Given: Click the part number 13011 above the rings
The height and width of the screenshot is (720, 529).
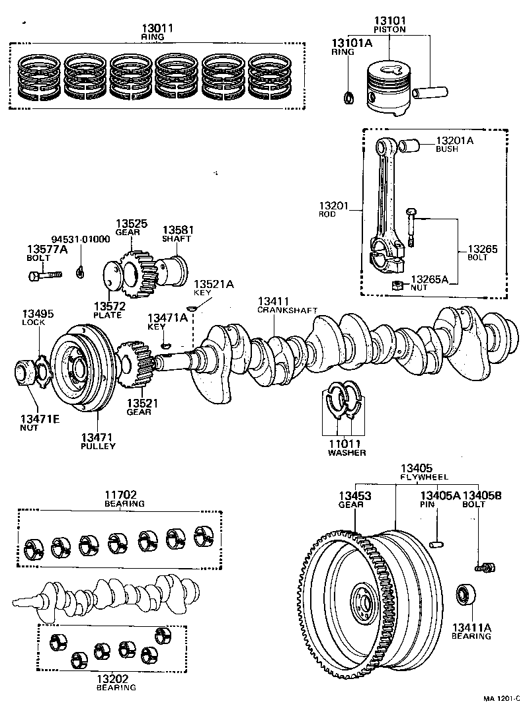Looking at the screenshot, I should [x=157, y=28].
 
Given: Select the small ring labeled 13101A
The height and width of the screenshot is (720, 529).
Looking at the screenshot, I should [x=348, y=98].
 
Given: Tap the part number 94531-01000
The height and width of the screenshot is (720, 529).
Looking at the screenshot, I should [x=81, y=239].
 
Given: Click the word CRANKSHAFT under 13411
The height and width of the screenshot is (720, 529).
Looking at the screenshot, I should [x=287, y=310].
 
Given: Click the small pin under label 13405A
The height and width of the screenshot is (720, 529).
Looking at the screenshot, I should [x=436, y=543].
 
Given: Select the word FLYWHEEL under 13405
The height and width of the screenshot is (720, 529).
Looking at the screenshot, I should [x=424, y=477].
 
